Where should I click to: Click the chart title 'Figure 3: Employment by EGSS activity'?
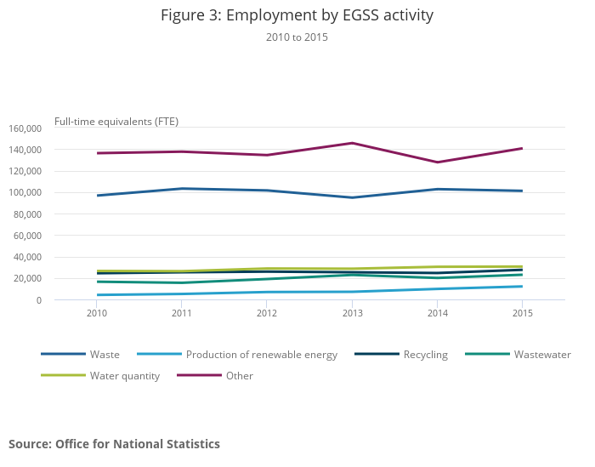click(x=297, y=16)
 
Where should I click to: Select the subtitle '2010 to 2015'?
click(x=297, y=37)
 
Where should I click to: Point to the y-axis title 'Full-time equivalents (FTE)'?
click(x=116, y=122)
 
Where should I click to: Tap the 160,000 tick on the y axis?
click(x=25, y=128)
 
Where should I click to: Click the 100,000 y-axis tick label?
click(x=25, y=192)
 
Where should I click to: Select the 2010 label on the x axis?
click(x=97, y=313)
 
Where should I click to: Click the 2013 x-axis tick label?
click(x=352, y=313)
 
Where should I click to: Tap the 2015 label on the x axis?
click(x=522, y=313)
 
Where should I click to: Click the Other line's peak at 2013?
click(x=352, y=143)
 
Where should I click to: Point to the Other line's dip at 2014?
click(x=437, y=162)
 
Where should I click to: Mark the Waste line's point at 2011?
click(x=182, y=189)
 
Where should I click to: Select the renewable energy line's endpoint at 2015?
click(x=522, y=286)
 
